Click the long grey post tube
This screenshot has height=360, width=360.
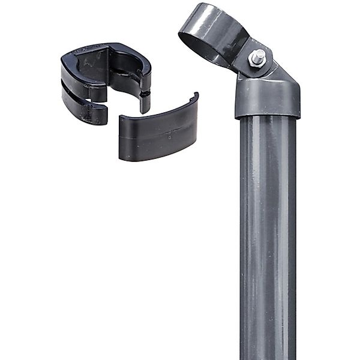click(x=268, y=240)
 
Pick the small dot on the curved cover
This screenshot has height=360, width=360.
click(x=170, y=136)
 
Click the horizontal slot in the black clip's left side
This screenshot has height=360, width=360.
click(x=84, y=87)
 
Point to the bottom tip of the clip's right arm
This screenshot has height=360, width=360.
click(x=145, y=110)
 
